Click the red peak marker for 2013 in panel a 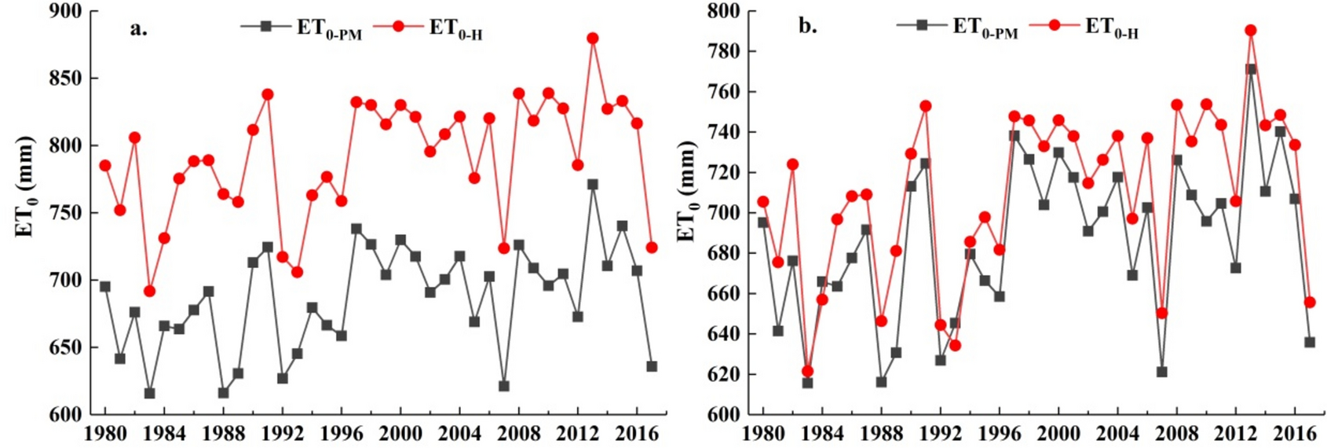coord(593,39)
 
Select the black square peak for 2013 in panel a coord(593,185)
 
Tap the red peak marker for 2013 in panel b coord(1251,31)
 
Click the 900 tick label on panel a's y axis coord(64,12)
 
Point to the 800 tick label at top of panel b coord(722,12)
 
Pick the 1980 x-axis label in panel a coord(105,433)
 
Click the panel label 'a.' coord(138,29)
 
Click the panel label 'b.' coord(807,26)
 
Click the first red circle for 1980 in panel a coord(105,166)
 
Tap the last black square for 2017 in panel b coord(1310,343)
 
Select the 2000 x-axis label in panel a coord(400,433)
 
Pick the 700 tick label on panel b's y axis coord(722,213)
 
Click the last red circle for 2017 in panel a coord(652,248)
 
